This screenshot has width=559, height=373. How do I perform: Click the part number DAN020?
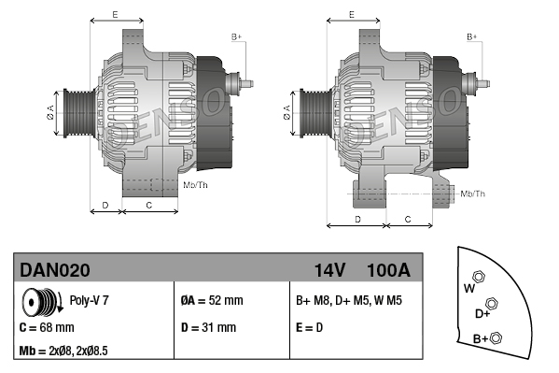pyautogui.click(x=55, y=270)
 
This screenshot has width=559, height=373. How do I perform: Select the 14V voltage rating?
pyautogui.click(x=329, y=270)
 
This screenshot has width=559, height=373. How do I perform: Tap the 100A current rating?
pyautogui.click(x=388, y=270)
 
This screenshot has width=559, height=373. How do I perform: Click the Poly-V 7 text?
pyautogui.click(x=89, y=300)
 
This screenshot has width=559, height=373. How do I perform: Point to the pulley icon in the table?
pyautogui.click(x=42, y=302)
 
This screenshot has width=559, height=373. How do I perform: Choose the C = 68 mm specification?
pyautogui.click(x=47, y=327)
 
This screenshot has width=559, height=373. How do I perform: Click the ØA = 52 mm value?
pyautogui.click(x=212, y=300)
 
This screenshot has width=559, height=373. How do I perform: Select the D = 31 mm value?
pyautogui.click(x=208, y=327)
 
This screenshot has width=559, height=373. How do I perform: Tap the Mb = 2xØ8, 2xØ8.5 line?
pyautogui.click(x=63, y=351)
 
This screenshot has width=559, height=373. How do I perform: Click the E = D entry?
pyautogui.click(x=309, y=327)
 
